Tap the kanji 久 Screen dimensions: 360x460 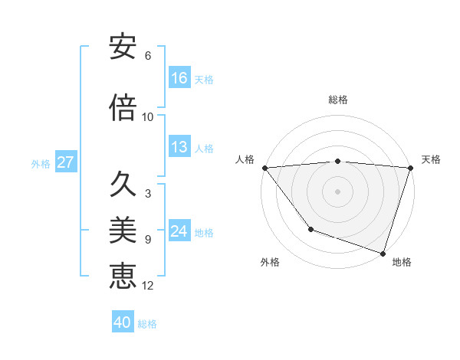(123, 185)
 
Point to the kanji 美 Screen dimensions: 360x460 (123, 230)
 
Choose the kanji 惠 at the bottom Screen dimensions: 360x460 (123, 276)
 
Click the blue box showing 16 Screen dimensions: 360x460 (179, 78)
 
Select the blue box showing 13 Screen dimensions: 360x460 (179, 147)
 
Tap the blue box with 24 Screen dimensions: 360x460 (179, 231)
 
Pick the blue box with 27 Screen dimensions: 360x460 (65, 162)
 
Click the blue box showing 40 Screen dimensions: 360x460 (123, 322)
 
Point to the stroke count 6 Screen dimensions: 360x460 (148, 56)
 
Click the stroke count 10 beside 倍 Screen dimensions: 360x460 (148, 117)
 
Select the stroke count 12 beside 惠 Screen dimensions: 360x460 (148, 286)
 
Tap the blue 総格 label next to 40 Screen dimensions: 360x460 (147, 324)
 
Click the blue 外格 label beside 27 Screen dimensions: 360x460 (41, 164)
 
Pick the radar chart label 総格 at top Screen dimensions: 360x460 (338, 100)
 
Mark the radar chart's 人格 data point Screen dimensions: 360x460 (264, 168)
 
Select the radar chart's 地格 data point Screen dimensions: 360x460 (383, 253)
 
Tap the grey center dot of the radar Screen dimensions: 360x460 (337, 191)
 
